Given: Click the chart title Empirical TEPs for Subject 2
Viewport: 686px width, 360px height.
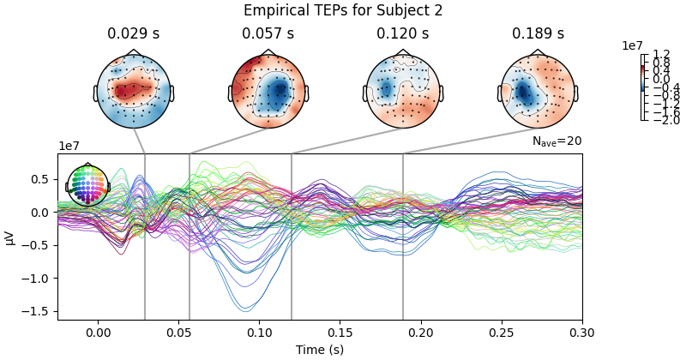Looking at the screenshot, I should (x=343, y=10).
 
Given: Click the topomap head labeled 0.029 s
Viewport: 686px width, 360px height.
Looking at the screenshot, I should (x=133, y=92).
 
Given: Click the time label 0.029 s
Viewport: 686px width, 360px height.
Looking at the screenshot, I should (x=133, y=34).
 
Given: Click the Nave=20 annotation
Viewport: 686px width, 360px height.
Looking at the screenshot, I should (x=557, y=141).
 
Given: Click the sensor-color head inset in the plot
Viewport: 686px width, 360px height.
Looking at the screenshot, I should (x=87, y=186).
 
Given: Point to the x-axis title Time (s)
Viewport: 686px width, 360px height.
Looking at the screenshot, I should (x=320, y=350).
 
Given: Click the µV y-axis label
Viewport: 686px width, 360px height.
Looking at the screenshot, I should (x=10, y=237).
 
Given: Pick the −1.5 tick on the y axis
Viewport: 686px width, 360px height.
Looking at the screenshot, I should (x=39, y=311).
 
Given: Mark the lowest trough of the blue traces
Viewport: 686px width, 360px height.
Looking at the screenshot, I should (x=245, y=310).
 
